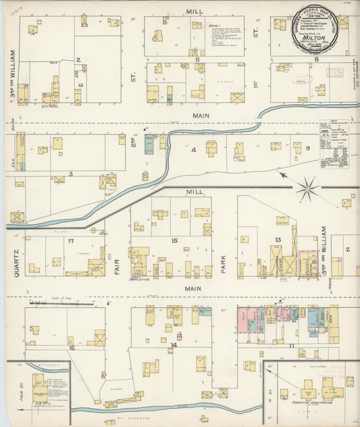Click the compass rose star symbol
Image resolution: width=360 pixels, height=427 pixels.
[x=307, y=187]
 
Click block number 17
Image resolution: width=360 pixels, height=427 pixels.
[x=70, y=241]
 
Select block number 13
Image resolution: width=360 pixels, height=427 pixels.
[x=277, y=241]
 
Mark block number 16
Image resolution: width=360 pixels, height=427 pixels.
[x=71, y=348]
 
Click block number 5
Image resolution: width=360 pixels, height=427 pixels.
[x=197, y=60]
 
